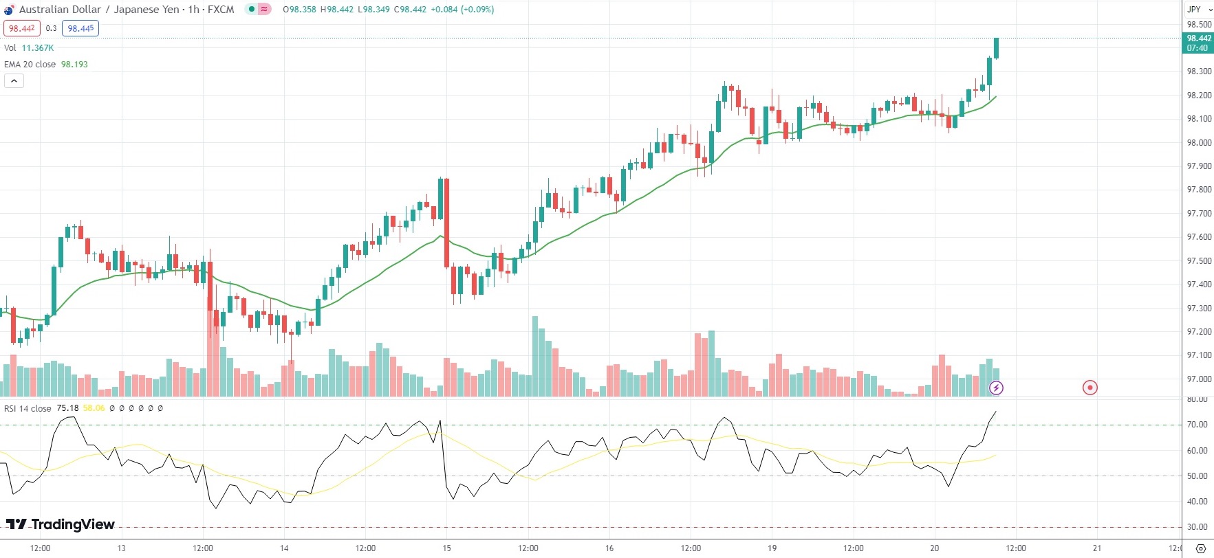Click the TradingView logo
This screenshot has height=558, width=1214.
tap(61, 524)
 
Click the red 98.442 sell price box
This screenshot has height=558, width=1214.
tap(22, 28)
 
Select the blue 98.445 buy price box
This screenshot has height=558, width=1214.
tap(80, 28)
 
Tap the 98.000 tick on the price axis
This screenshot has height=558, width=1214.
tap(1199, 143)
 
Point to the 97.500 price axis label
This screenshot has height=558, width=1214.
tap(1199, 261)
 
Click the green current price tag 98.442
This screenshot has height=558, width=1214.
tap(1198, 43)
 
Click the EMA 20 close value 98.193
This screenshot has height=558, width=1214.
tap(74, 65)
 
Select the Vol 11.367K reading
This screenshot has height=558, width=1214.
tap(37, 48)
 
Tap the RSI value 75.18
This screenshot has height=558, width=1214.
tap(67, 408)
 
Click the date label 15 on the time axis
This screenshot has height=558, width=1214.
tap(446, 548)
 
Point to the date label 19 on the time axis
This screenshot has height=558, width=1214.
tap(772, 548)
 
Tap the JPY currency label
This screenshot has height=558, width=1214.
tap(1194, 10)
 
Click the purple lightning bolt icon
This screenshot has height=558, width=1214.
tap(996, 388)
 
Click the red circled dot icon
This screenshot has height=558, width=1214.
tap(1090, 388)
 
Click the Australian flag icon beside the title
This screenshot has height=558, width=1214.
tap(9, 10)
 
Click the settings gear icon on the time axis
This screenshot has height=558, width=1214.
tap(1201, 548)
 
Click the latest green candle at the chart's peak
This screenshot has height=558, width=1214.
tap(997, 48)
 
